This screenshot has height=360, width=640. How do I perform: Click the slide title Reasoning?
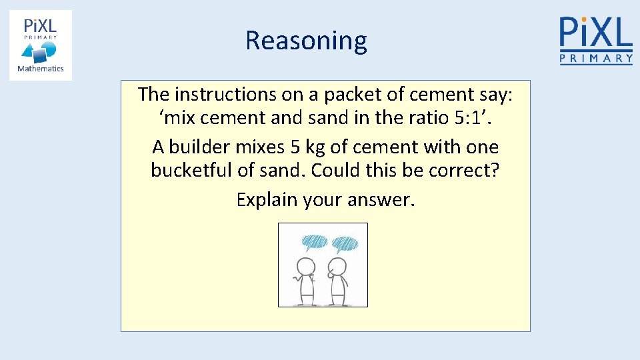tap(306, 41)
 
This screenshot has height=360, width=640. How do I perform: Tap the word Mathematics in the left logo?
tap(40, 69)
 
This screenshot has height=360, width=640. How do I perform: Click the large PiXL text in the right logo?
tap(595, 32)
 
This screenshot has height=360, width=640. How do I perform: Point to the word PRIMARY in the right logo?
tap(595, 59)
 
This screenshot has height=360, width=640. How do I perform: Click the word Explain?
tap(267, 200)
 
